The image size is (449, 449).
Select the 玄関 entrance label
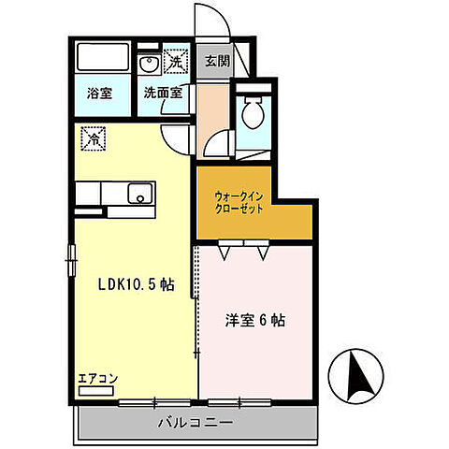[216, 62]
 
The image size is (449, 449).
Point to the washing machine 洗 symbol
[174, 63]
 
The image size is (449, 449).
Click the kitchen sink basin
[138, 196]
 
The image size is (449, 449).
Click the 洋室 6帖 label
[255, 318]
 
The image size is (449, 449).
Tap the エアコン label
[96, 379]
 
